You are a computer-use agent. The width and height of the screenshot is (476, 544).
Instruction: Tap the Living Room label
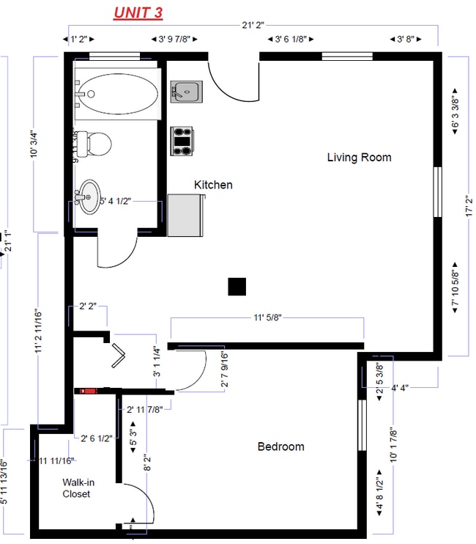(x=359, y=157)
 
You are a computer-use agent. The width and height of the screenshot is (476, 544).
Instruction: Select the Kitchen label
(x=213, y=185)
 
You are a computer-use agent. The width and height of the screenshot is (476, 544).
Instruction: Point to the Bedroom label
(x=280, y=446)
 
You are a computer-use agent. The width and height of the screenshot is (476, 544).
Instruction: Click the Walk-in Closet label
(x=76, y=488)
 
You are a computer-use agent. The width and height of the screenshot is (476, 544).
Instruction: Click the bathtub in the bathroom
(x=117, y=94)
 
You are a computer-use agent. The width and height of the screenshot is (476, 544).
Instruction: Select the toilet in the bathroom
(x=94, y=143)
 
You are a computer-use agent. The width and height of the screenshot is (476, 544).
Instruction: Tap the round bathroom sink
(x=89, y=196)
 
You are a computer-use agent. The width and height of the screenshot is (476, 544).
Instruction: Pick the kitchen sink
(x=186, y=92)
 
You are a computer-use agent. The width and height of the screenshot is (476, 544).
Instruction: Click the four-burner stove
(x=182, y=141)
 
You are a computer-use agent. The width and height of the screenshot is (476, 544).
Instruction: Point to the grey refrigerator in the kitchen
(x=185, y=216)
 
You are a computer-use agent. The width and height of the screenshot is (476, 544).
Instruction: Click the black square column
(x=237, y=286)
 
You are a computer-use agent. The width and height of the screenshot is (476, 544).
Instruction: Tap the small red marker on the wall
(x=89, y=391)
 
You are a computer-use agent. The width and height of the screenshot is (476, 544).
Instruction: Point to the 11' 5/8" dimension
(x=267, y=318)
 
